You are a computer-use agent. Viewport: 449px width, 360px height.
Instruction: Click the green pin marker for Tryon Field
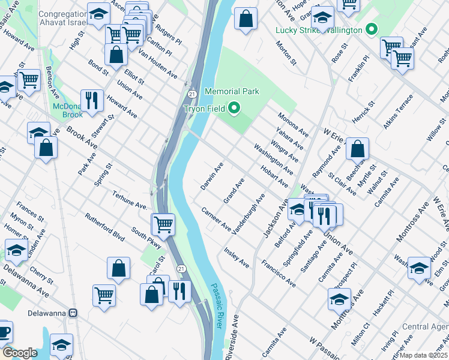click(x=234, y=109)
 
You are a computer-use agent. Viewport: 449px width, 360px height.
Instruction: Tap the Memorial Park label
click(x=232, y=91)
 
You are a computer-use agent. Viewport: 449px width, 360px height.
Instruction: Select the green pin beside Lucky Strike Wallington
click(x=372, y=29)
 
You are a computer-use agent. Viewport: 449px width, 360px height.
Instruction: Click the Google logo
click(x=20, y=352)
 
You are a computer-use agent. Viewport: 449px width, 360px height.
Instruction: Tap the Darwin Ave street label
click(x=212, y=176)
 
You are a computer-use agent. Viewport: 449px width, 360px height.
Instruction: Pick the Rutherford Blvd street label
click(x=104, y=227)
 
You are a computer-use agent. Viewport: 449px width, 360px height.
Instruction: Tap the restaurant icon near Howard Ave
click(x=91, y=100)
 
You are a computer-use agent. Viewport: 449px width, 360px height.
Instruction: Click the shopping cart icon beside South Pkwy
click(x=163, y=224)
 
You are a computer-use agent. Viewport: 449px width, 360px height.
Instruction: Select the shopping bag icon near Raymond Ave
click(x=357, y=149)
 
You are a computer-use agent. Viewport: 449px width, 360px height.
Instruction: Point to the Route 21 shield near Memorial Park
click(x=191, y=94)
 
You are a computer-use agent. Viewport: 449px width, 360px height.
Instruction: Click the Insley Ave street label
click(x=237, y=257)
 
